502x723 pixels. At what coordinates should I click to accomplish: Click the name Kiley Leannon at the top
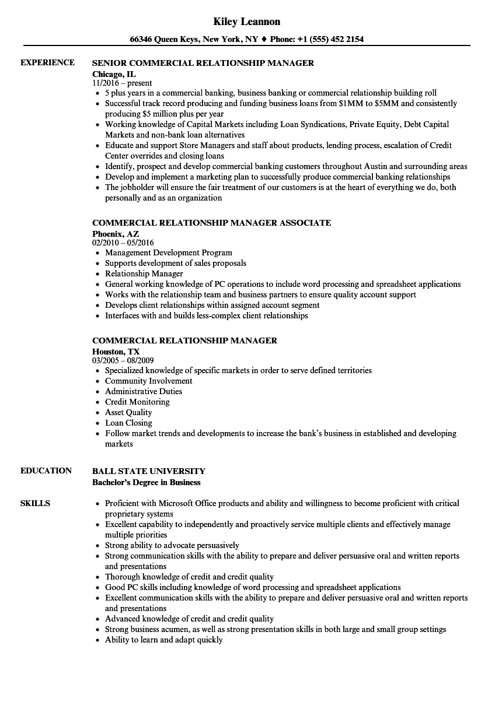[x=246, y=22]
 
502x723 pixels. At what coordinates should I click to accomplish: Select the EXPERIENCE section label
[x=47, y=62]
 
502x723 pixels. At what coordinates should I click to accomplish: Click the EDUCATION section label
[x=46, y=471]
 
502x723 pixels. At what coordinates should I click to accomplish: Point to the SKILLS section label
[x=35, y=503]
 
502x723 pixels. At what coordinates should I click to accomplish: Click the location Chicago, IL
[x=114, y=73]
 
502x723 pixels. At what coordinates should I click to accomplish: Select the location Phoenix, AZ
[x=116, y=233]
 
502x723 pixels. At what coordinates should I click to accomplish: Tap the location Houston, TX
[x=116, y=351]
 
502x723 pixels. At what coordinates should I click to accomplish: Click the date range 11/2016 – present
[x=122, y=83]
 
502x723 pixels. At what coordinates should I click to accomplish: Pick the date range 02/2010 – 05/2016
[x=123, y=243]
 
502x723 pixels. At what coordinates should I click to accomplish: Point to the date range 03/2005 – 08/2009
[x=123, y=360]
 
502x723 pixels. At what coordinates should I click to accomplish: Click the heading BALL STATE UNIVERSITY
[x=149, y=471]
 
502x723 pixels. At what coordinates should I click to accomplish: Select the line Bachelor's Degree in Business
[x=146, y=482]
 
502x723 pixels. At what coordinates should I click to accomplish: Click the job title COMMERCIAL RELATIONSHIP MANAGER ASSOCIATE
[x=211, y=223]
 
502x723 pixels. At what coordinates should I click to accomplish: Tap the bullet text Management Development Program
[x=169, y=253]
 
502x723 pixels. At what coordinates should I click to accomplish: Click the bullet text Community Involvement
[x=149, y=381]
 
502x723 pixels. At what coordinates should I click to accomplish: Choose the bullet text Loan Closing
[x=128, y=423]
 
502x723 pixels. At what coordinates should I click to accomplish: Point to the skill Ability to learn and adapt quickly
[x=164, y=640]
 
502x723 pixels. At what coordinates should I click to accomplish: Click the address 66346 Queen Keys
[x=165, y=39]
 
